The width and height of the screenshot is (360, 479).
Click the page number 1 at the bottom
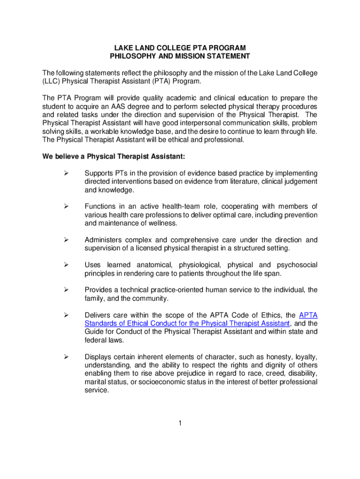(x=180, y=424)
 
